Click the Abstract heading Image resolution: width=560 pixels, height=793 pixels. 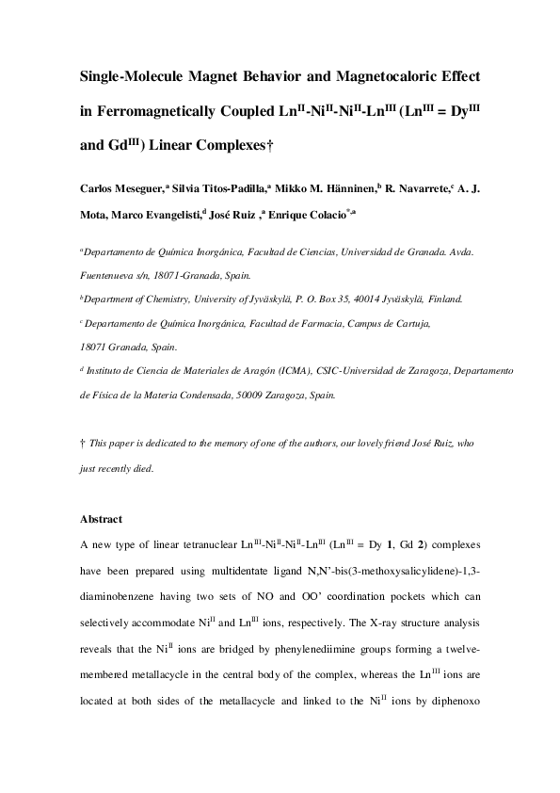tap(102, 518)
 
